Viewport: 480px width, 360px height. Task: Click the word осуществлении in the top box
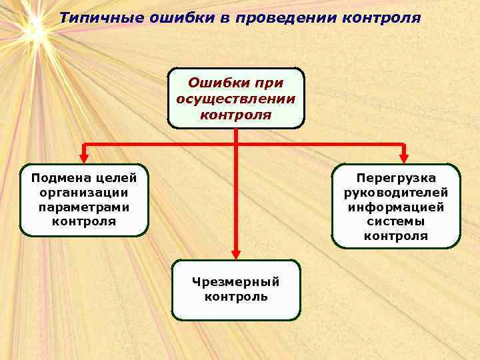point(236,99)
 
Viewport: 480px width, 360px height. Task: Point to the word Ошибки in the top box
point(213,83)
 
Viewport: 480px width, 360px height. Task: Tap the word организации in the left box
point(83,193)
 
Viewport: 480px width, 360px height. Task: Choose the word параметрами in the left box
point(83,207)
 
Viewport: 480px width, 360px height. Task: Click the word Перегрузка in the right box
point(396,178)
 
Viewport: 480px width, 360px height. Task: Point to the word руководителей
point(396,193)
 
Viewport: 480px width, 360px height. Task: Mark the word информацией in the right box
point(396,207)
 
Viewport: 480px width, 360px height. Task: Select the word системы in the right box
point(396,221)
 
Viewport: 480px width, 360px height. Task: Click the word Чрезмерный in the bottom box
point(236,282)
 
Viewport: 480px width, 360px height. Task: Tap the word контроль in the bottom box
point(236,297)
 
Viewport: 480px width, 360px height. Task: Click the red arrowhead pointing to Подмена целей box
point(83,158)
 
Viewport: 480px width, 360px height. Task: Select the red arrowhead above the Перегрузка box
point(403,158)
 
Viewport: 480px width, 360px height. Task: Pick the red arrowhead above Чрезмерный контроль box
point(236,253)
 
